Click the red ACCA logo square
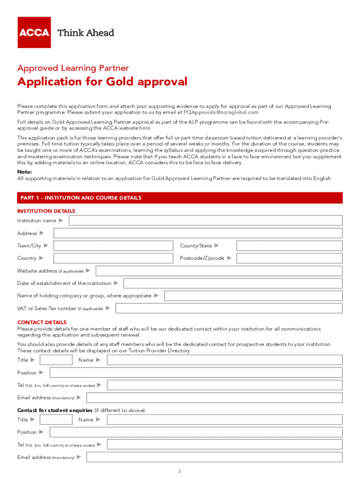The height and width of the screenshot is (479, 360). (34, 32)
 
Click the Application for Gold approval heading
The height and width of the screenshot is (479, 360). (102, 82)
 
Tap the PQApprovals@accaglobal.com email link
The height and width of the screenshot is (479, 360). (221, 112)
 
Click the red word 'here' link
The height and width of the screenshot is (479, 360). (145, 128)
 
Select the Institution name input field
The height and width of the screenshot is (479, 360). (206, 220)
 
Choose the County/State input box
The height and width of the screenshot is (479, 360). (289, 246)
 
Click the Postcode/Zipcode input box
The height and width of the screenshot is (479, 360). (289, 258)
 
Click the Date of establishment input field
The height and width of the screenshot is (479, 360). (232, 283)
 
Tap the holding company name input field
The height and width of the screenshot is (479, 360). (253, 296)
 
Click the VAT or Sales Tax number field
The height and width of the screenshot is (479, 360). (229, 308)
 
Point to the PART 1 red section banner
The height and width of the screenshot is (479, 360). (180, 198)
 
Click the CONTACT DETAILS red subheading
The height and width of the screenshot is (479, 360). (42, 322)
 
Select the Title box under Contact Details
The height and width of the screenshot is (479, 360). (56, 360)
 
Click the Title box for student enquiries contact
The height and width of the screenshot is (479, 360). (56, 420)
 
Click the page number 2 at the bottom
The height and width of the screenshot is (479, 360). (180, 471)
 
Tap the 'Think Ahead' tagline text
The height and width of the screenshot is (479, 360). (86, 33)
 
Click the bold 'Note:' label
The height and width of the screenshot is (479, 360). (25, 172)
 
